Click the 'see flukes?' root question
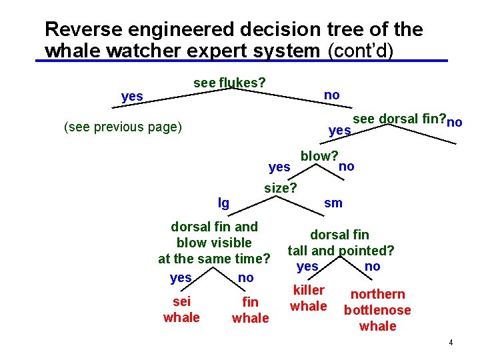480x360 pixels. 229,83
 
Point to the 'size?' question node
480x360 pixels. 281,188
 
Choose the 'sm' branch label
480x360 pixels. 333,203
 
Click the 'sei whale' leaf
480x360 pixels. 181,309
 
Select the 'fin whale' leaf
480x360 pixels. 250,311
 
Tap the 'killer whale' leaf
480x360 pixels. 309,298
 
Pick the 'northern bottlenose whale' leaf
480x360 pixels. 377,310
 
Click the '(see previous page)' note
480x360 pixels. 122,127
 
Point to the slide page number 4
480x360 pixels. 451,343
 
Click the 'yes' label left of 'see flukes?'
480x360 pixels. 132,97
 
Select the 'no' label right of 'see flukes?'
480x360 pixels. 331,95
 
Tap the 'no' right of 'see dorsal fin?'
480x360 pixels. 455,123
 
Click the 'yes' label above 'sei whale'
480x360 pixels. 181,277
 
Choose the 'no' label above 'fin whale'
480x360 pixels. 245,277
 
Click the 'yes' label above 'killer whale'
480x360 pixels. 307,267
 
